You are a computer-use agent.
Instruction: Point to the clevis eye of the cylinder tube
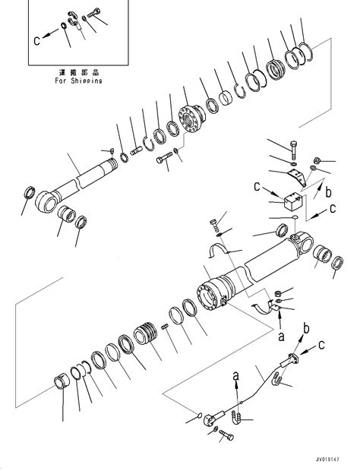307,242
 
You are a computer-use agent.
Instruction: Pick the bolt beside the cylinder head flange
166,159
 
